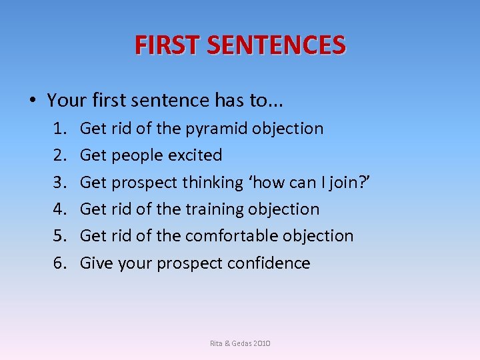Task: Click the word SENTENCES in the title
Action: [276, 45]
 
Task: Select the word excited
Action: [195, 155]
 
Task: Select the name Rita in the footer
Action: [217, 343]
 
